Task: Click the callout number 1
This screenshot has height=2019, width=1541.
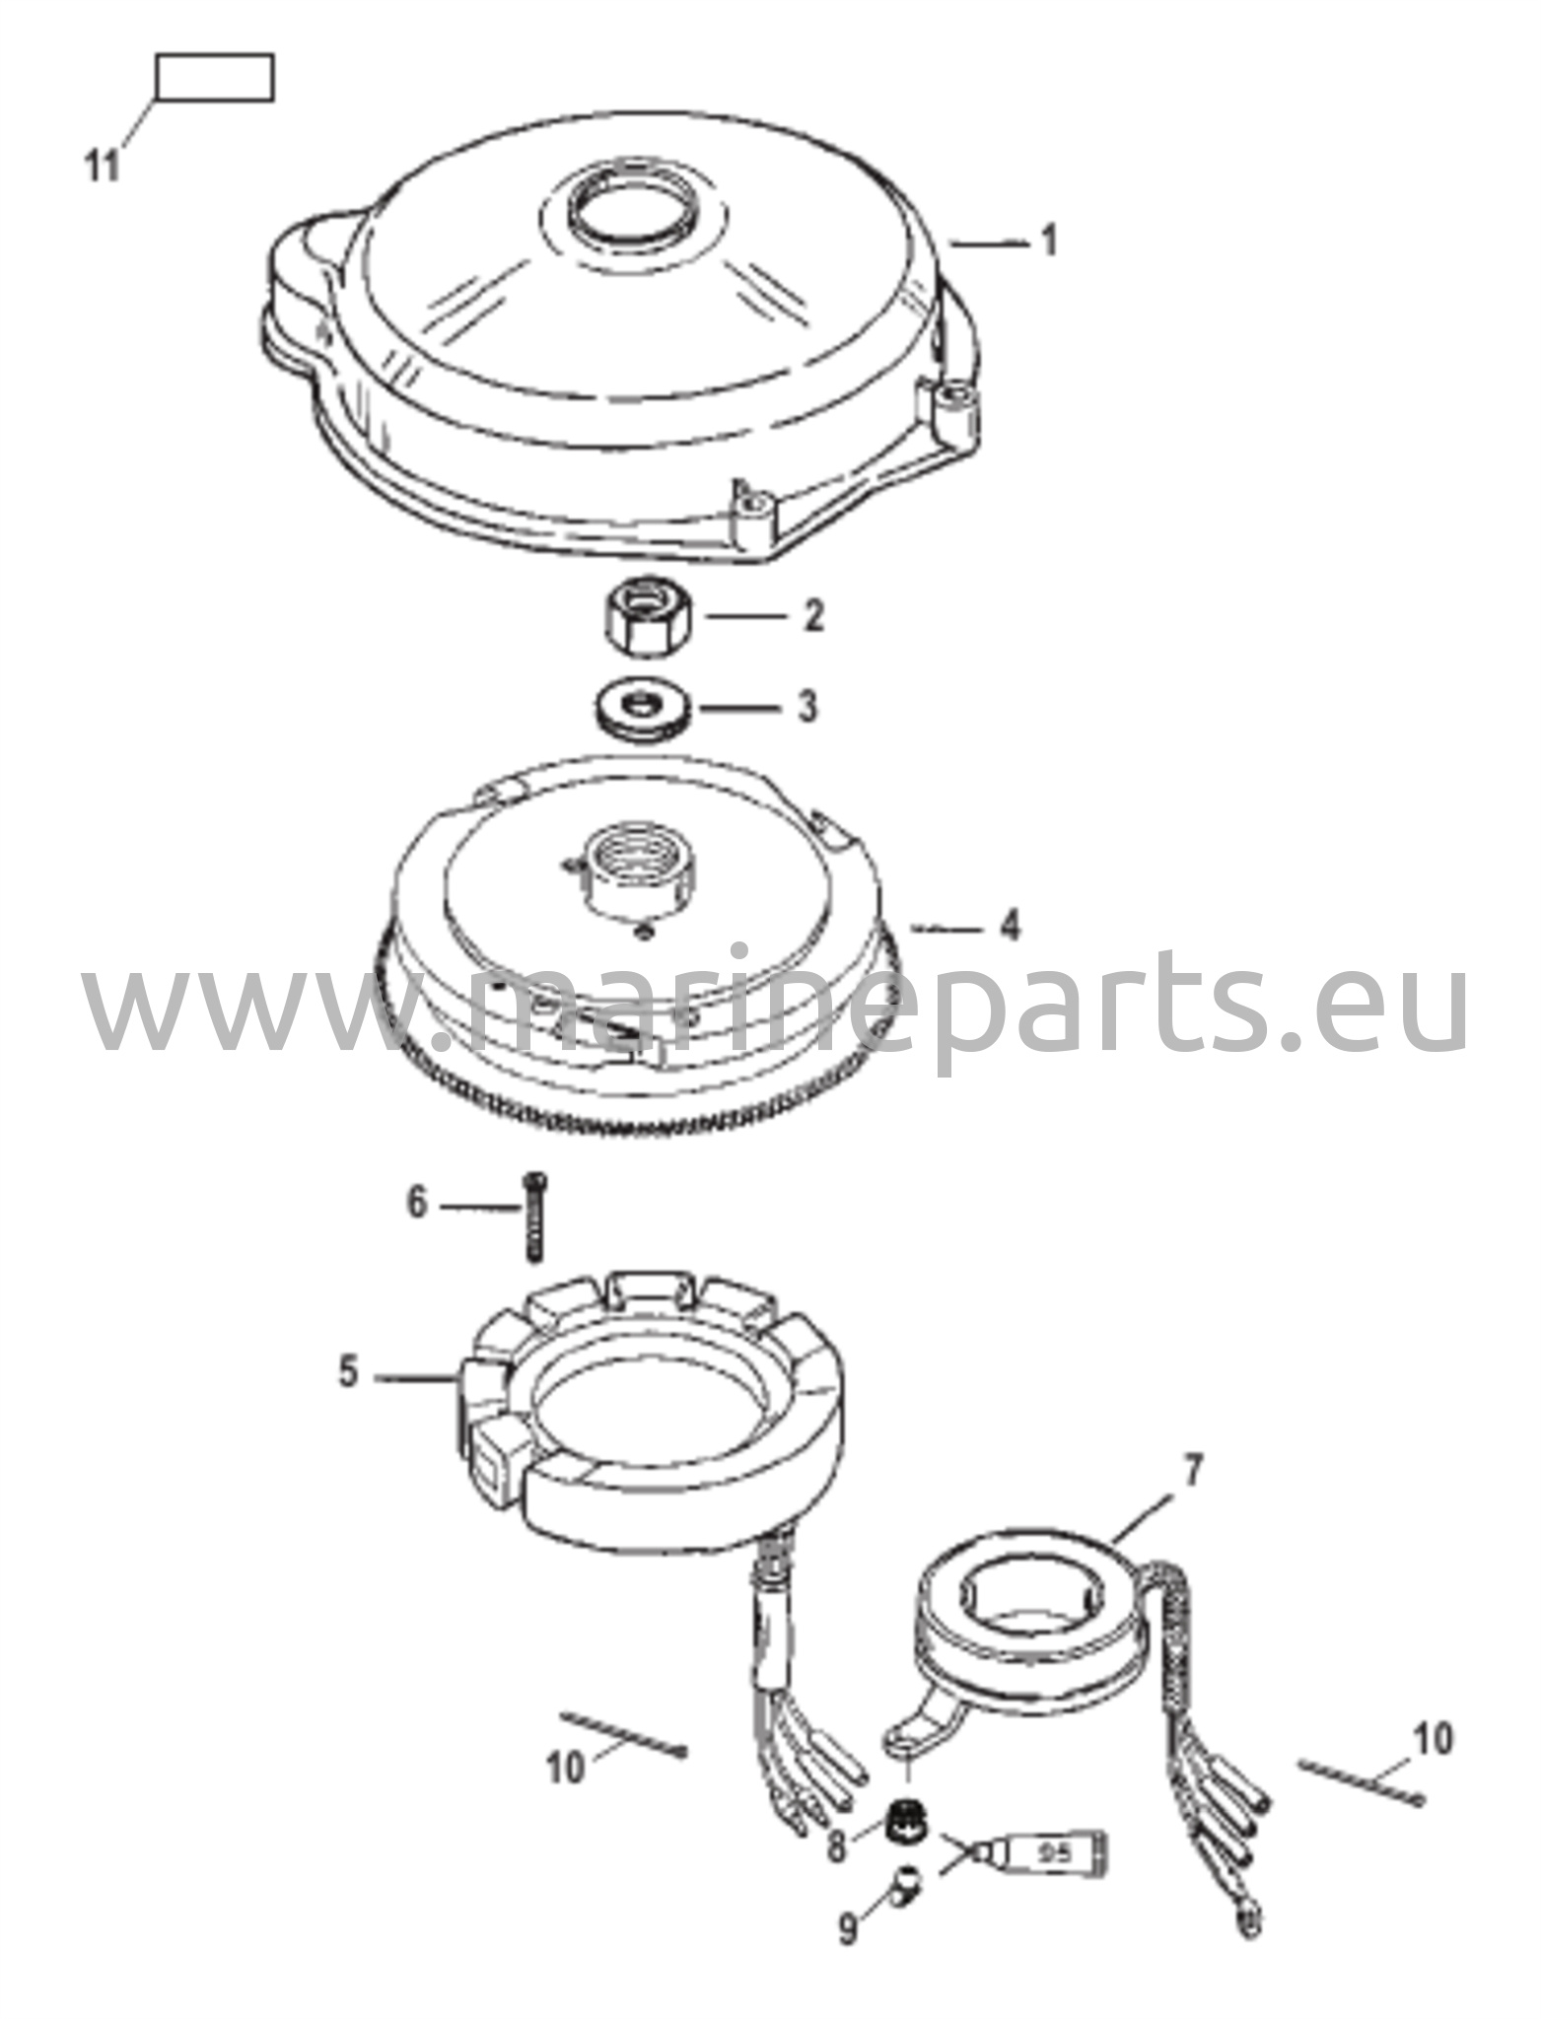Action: [1049, 241]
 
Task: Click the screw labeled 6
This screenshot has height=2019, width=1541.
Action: [533, 1216]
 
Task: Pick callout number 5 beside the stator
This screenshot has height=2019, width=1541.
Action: [348, 1371]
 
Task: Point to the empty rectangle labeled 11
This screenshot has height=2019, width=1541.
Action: [215, 79]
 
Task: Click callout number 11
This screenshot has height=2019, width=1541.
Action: [101, 165]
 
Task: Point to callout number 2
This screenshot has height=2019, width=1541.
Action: [812, 616]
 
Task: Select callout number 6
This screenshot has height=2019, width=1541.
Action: [417, 1203]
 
